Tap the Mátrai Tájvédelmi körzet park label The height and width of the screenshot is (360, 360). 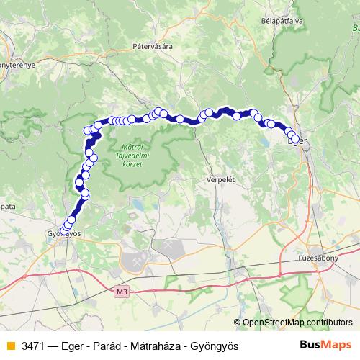(128, 155)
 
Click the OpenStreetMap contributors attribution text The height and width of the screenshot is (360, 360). (297, 323)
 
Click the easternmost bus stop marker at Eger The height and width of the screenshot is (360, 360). (295, 138)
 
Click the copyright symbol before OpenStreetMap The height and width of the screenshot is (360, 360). (238, 323)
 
